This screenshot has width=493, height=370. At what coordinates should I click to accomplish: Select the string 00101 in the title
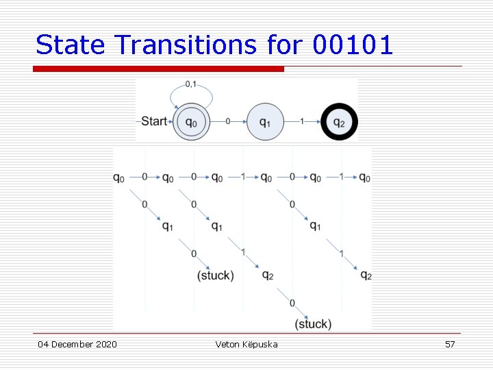(x=353, y=45)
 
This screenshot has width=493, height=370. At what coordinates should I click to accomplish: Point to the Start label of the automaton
(x=154, y=121)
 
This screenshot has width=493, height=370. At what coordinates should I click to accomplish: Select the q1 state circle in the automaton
(x=264, y=122)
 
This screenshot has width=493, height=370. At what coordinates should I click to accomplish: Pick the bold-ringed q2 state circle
(x=339, y=122)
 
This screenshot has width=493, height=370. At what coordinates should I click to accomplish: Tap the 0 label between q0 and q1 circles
(x=227, y=121)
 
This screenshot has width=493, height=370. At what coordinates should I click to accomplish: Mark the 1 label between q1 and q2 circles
(x=302, y=121)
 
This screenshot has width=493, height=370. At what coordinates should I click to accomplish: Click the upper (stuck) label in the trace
(x=215, y=275)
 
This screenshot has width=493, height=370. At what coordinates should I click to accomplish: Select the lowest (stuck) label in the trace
(x=313, y=324)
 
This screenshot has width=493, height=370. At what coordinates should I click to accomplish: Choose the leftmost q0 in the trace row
(x=119, y=177)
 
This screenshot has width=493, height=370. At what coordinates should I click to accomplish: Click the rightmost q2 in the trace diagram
(x=366, y=275)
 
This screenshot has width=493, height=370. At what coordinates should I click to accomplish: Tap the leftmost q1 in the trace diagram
(x=167, y=226)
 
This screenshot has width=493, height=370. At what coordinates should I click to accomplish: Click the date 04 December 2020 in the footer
(x=77, y=344)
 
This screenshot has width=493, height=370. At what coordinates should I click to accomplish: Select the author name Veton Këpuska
(x=246, y=344)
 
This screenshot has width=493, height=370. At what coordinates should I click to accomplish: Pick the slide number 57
(x=450, y=344)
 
